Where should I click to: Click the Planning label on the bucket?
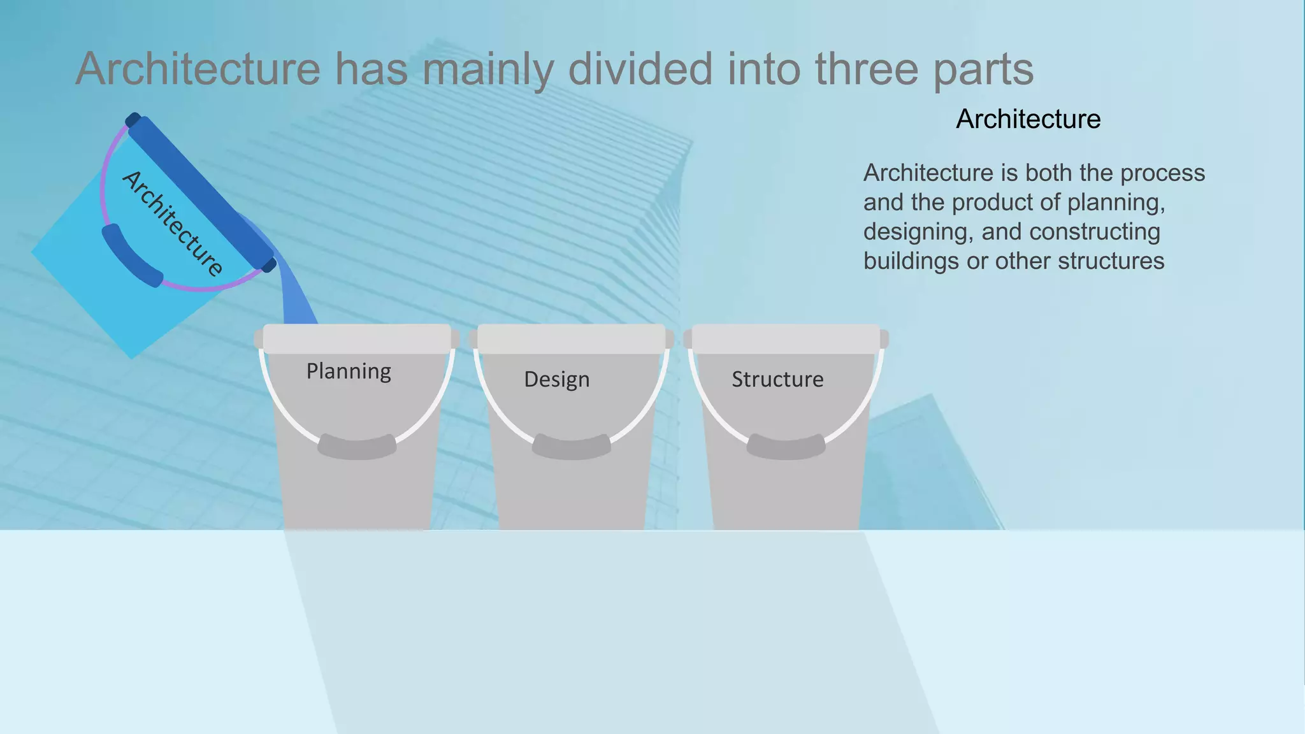point(349,371)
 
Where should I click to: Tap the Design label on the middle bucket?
point(556,379)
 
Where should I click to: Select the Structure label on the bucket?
point(777,379)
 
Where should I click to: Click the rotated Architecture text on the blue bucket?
point(172,223)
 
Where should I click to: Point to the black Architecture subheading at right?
point(1028,119)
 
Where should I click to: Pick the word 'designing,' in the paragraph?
point(918,232)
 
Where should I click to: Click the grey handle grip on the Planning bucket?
point(357,447)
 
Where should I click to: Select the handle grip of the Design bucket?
point(572,447)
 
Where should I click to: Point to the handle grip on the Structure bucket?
point(786,447)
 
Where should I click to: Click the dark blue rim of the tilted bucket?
point(201,191)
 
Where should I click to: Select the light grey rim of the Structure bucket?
point(786,338)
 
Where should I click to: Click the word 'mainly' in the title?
point(487,70)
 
